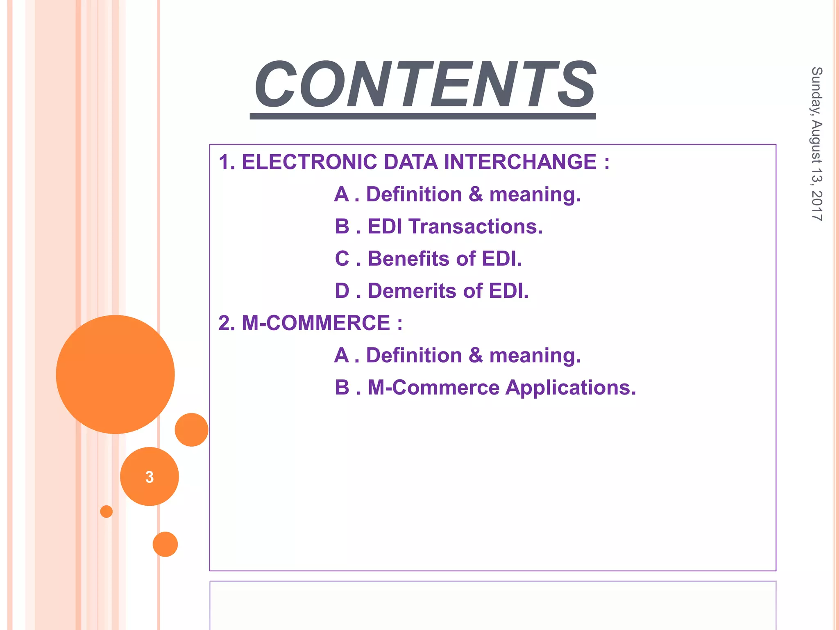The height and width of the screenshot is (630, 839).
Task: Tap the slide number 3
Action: click(x=150, y=477)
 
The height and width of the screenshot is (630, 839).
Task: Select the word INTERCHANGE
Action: click(x=520, y=162)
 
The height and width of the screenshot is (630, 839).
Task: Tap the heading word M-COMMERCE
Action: click(x=316, y=323)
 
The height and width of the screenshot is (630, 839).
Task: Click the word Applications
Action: click(x=571, y=388)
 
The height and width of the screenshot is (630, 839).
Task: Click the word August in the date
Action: click(x=817, y=144)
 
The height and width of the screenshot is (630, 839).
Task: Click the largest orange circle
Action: click(x=115, y=374)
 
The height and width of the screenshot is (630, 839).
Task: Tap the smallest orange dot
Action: click(x=107, y=511)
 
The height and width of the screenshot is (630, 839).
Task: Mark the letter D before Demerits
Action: click(x=342, y=291)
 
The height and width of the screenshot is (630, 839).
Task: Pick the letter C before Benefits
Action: click(x=342, y=259)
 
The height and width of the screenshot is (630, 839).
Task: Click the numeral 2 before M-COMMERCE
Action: click(x=224, y=323)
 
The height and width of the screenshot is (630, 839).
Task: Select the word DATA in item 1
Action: click(x=410, y=162)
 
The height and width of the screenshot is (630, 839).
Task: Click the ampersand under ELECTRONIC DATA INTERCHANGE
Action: click(x=476, y=194)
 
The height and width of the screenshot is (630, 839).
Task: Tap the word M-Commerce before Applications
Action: click(x=433, y=388)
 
